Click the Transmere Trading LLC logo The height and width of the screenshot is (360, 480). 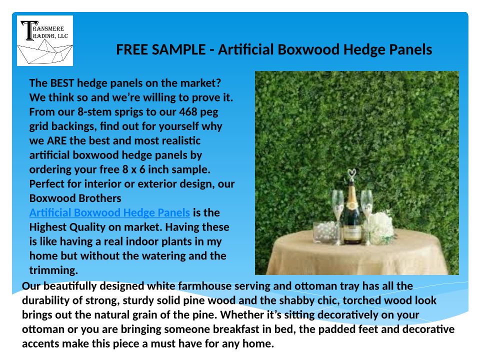pos(45,40)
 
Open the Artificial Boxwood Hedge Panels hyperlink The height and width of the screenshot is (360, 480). pos(109,212)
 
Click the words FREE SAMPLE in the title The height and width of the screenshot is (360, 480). pos(160,49)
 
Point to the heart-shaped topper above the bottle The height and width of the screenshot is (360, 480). pos(351,174)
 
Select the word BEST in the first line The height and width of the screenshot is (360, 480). pos(62,83)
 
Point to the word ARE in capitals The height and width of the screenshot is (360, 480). pos(56,140)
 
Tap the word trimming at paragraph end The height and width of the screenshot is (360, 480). pos(53,270)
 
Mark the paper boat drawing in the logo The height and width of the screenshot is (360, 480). pos(45,51)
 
